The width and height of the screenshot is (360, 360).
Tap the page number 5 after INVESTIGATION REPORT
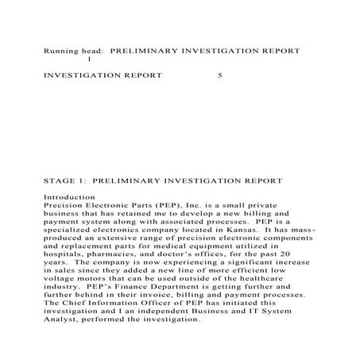coord(220,77)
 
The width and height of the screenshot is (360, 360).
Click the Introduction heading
coord(70,197)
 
